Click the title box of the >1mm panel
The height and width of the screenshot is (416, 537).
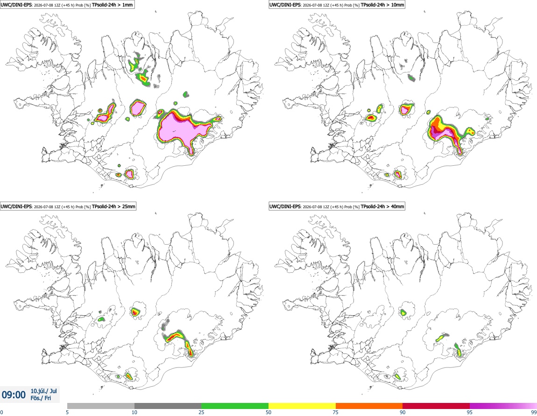67,5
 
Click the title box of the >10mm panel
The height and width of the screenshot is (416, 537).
337,5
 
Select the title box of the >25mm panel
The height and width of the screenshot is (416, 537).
68,206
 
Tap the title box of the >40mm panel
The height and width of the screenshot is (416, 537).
337,206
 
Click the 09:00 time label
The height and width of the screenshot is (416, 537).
14,395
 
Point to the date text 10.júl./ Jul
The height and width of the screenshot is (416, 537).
44,391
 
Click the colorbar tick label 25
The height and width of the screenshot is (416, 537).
201,412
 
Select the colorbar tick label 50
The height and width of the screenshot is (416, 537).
268,412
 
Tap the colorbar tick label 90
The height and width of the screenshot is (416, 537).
403,412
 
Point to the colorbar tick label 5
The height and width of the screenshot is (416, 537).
67,412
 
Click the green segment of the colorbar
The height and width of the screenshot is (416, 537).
235,406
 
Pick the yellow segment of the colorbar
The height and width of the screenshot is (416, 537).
302,406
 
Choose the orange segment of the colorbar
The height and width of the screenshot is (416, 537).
369,406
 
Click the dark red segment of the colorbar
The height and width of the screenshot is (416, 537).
436,406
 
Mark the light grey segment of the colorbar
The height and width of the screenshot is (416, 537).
101,406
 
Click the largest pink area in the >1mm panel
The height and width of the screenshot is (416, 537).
182,128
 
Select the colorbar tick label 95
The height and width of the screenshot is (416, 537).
470,412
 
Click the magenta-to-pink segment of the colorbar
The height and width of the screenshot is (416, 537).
503,406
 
